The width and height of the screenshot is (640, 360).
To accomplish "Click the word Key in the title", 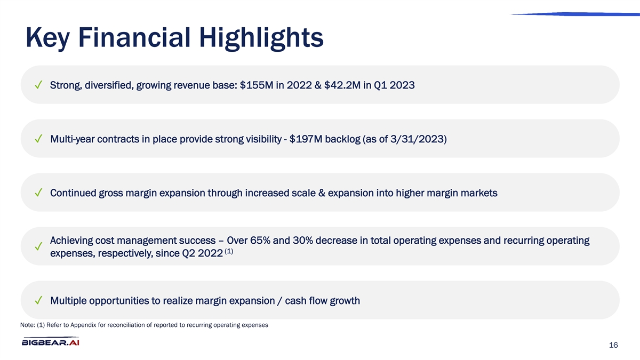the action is pyautogui.click(x=47, y=38).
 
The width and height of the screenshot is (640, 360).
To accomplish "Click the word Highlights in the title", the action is pyautogui.click(x=261, y=38).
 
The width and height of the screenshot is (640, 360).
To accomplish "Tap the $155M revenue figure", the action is pyautogui.click(x=257, y=85).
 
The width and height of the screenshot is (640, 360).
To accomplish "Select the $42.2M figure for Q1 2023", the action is pyautogui.click(x=342, y=85).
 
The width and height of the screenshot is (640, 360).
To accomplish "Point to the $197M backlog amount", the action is pyautogui.click(x=306, y=139).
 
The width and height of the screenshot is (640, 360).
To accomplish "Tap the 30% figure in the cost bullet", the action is pyautogui.click(x=303, y=241).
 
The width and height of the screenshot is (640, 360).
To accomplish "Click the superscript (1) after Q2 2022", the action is pyautogui.click(x=229, y=251).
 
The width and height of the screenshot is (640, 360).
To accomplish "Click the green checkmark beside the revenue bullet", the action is pyautogui.click(x=38, y=85).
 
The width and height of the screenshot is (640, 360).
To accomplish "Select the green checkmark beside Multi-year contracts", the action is pyautogui.click(x=38, y=139).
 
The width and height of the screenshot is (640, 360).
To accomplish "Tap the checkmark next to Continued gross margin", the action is pyautogui.click(x=38, y=193).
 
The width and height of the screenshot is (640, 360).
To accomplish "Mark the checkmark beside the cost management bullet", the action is pyautogui.click(x=38, y=246).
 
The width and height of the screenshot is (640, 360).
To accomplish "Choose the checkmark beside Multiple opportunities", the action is pyautogui.click(x=38, y=300).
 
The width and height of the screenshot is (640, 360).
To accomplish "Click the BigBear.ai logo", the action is pyautogui.click(x=51, y=341).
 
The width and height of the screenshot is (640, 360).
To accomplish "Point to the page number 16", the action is pyautogui.click(x=613, y=345).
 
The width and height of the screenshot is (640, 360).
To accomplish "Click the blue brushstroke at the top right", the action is pyautogui.click(x=575, y=14).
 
